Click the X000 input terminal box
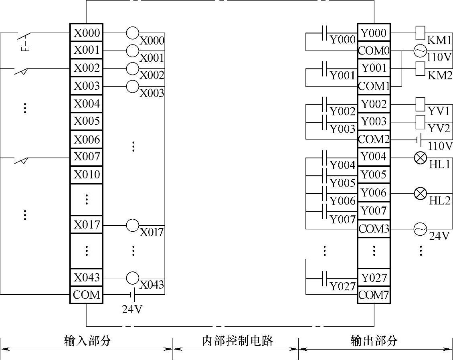87,33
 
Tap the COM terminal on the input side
87,295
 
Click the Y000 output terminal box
374,33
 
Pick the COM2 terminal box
374,140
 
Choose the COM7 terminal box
374,295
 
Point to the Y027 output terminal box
374,278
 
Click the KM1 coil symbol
420,32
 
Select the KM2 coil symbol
420,68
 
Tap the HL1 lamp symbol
420,158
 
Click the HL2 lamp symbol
420,194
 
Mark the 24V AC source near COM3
420,229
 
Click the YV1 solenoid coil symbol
420,104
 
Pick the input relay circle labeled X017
133,225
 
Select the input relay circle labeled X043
133,277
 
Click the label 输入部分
87,341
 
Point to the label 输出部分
374,341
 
